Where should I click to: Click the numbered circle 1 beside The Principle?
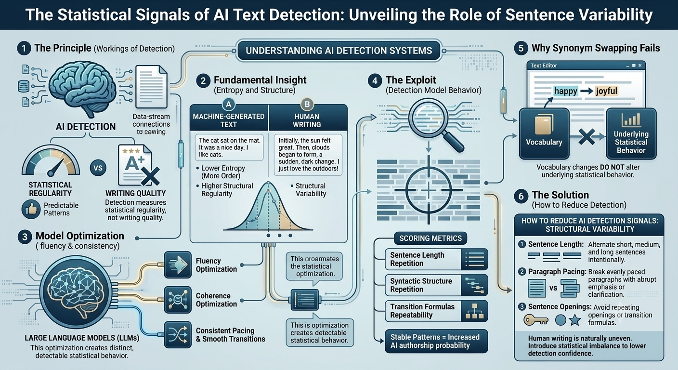[24, 49]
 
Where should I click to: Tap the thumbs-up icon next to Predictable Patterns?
[31, 209]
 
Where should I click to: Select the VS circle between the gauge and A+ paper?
[98, 168]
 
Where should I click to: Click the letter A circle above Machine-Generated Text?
[229, 105]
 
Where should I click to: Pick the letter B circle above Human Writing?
[307, 105]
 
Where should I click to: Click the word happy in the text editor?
[566, 91]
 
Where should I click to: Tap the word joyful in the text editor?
[606, 91]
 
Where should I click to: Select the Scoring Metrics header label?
[430, 238]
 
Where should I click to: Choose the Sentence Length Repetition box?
[436, 259]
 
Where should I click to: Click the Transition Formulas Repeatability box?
[436, 311]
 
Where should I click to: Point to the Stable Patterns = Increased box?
[436, 341]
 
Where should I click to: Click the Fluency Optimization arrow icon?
[178, 264]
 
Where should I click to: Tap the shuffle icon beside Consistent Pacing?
[178, 334]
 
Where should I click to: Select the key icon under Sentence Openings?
[536, 320]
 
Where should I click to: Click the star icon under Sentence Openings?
[575, 320]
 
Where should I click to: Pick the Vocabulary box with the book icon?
[544, 133]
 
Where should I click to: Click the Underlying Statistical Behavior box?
[631, 133]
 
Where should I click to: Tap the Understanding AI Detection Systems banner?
[339, 50]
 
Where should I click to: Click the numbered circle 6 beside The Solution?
[521, 196]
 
